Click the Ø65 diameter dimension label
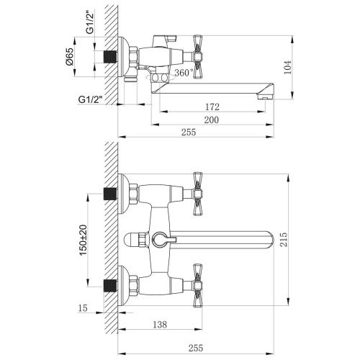81,55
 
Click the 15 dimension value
85,309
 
